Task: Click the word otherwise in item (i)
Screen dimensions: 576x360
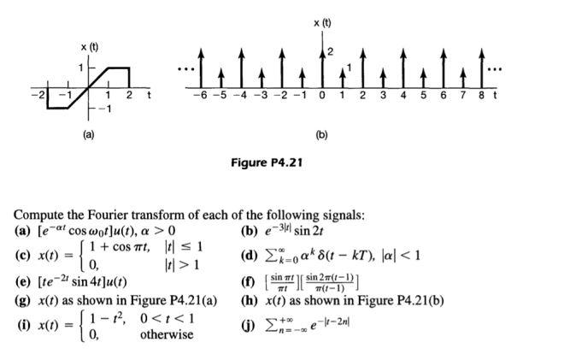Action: (168, 334)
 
